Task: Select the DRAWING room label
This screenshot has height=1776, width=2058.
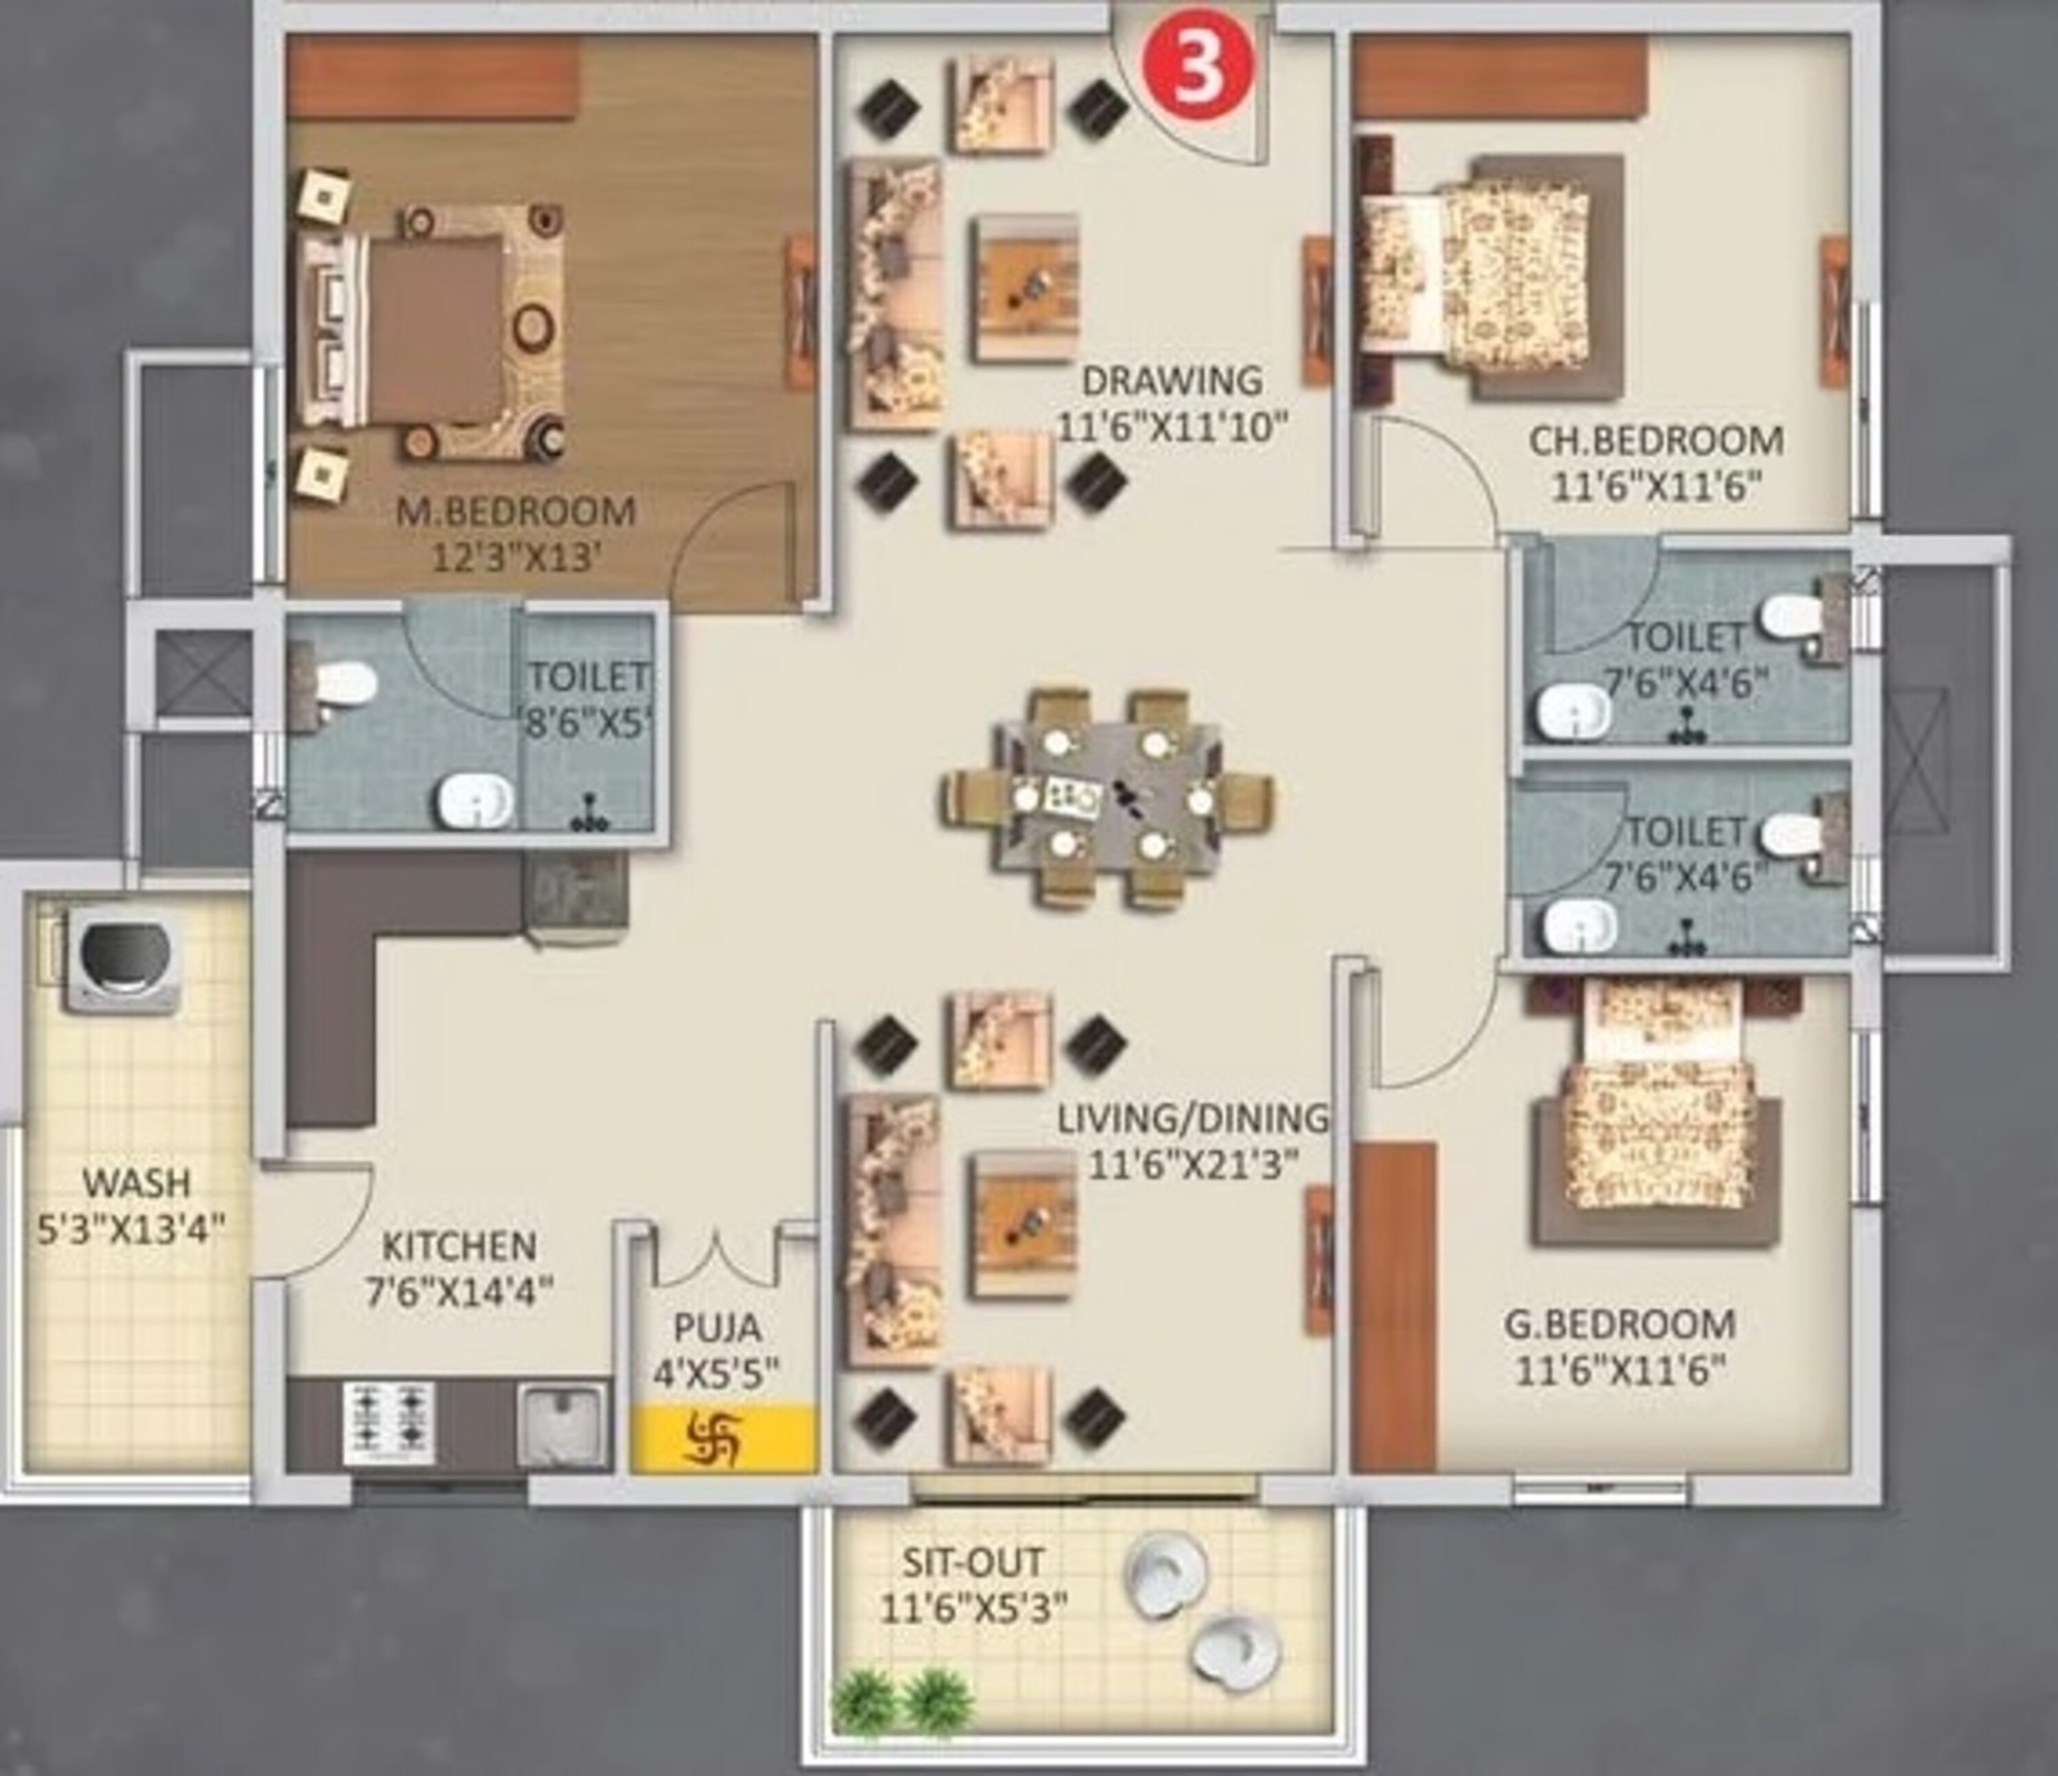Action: (1172, 381)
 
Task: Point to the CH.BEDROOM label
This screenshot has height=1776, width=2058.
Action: (1656, 440)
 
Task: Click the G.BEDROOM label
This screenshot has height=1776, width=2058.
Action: (1620, 1324)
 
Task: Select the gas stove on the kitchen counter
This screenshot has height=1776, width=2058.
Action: (390, 1423)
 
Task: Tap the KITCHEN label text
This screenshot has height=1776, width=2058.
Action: (459, 1246)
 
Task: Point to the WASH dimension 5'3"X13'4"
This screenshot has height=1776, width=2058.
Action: (131, 1230)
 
